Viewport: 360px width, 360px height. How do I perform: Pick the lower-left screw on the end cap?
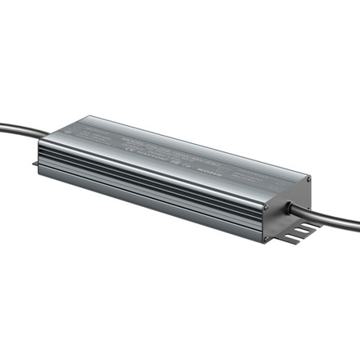point(266,239)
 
